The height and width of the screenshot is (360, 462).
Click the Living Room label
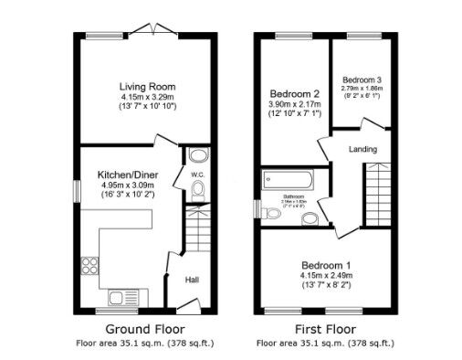click(x=147, y=87)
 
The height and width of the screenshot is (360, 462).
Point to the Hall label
click(x=193, y=280)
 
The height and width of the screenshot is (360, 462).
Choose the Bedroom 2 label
click(x=293, y=93)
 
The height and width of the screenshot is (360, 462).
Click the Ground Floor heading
click(x=144, y=328)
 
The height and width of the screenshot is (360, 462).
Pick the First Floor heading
click(x=326, y=328)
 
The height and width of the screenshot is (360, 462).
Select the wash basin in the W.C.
click(x=200, y=155)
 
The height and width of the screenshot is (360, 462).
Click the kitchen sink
click(x=116, y=295)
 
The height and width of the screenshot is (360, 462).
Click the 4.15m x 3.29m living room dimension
click(x=147, y=97)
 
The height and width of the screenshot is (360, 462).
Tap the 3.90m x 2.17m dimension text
click(x=293, y=104)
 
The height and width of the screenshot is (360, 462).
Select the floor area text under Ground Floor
click(x=144, y=343)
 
